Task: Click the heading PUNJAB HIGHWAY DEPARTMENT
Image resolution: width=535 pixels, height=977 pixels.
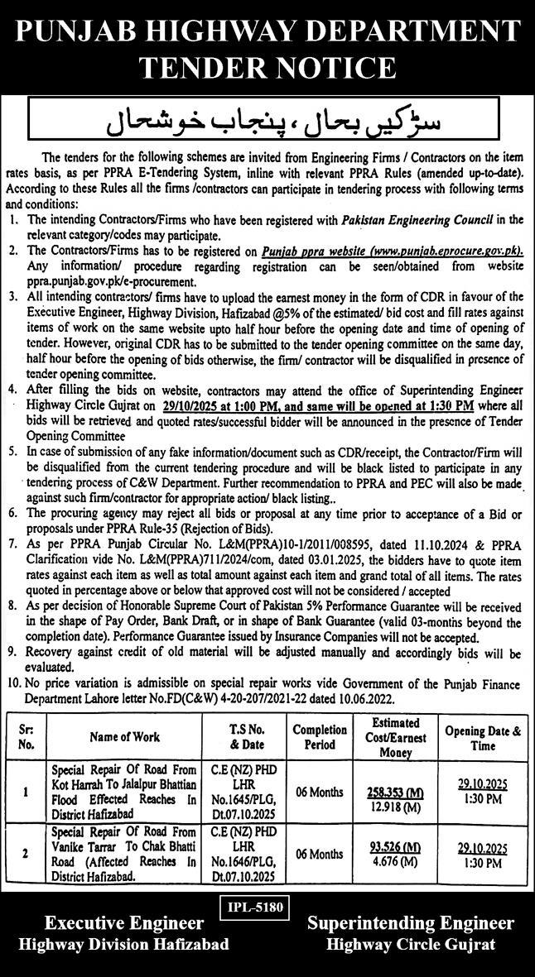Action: tap(267, 31)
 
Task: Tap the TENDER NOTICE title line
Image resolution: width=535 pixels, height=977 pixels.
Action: tap(267, 66)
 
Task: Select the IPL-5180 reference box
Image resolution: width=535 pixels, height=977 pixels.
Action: tap(255, 908)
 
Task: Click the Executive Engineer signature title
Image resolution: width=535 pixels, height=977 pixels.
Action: tap(124, 923)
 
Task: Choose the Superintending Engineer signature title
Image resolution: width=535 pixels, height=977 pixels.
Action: tap(410, 923)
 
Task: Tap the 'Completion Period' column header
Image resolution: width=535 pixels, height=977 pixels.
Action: tap(319, 736)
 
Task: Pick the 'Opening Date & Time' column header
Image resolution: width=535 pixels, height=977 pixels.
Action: tap(484, 736)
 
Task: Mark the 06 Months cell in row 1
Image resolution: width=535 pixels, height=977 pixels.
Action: tap(319, 792)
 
